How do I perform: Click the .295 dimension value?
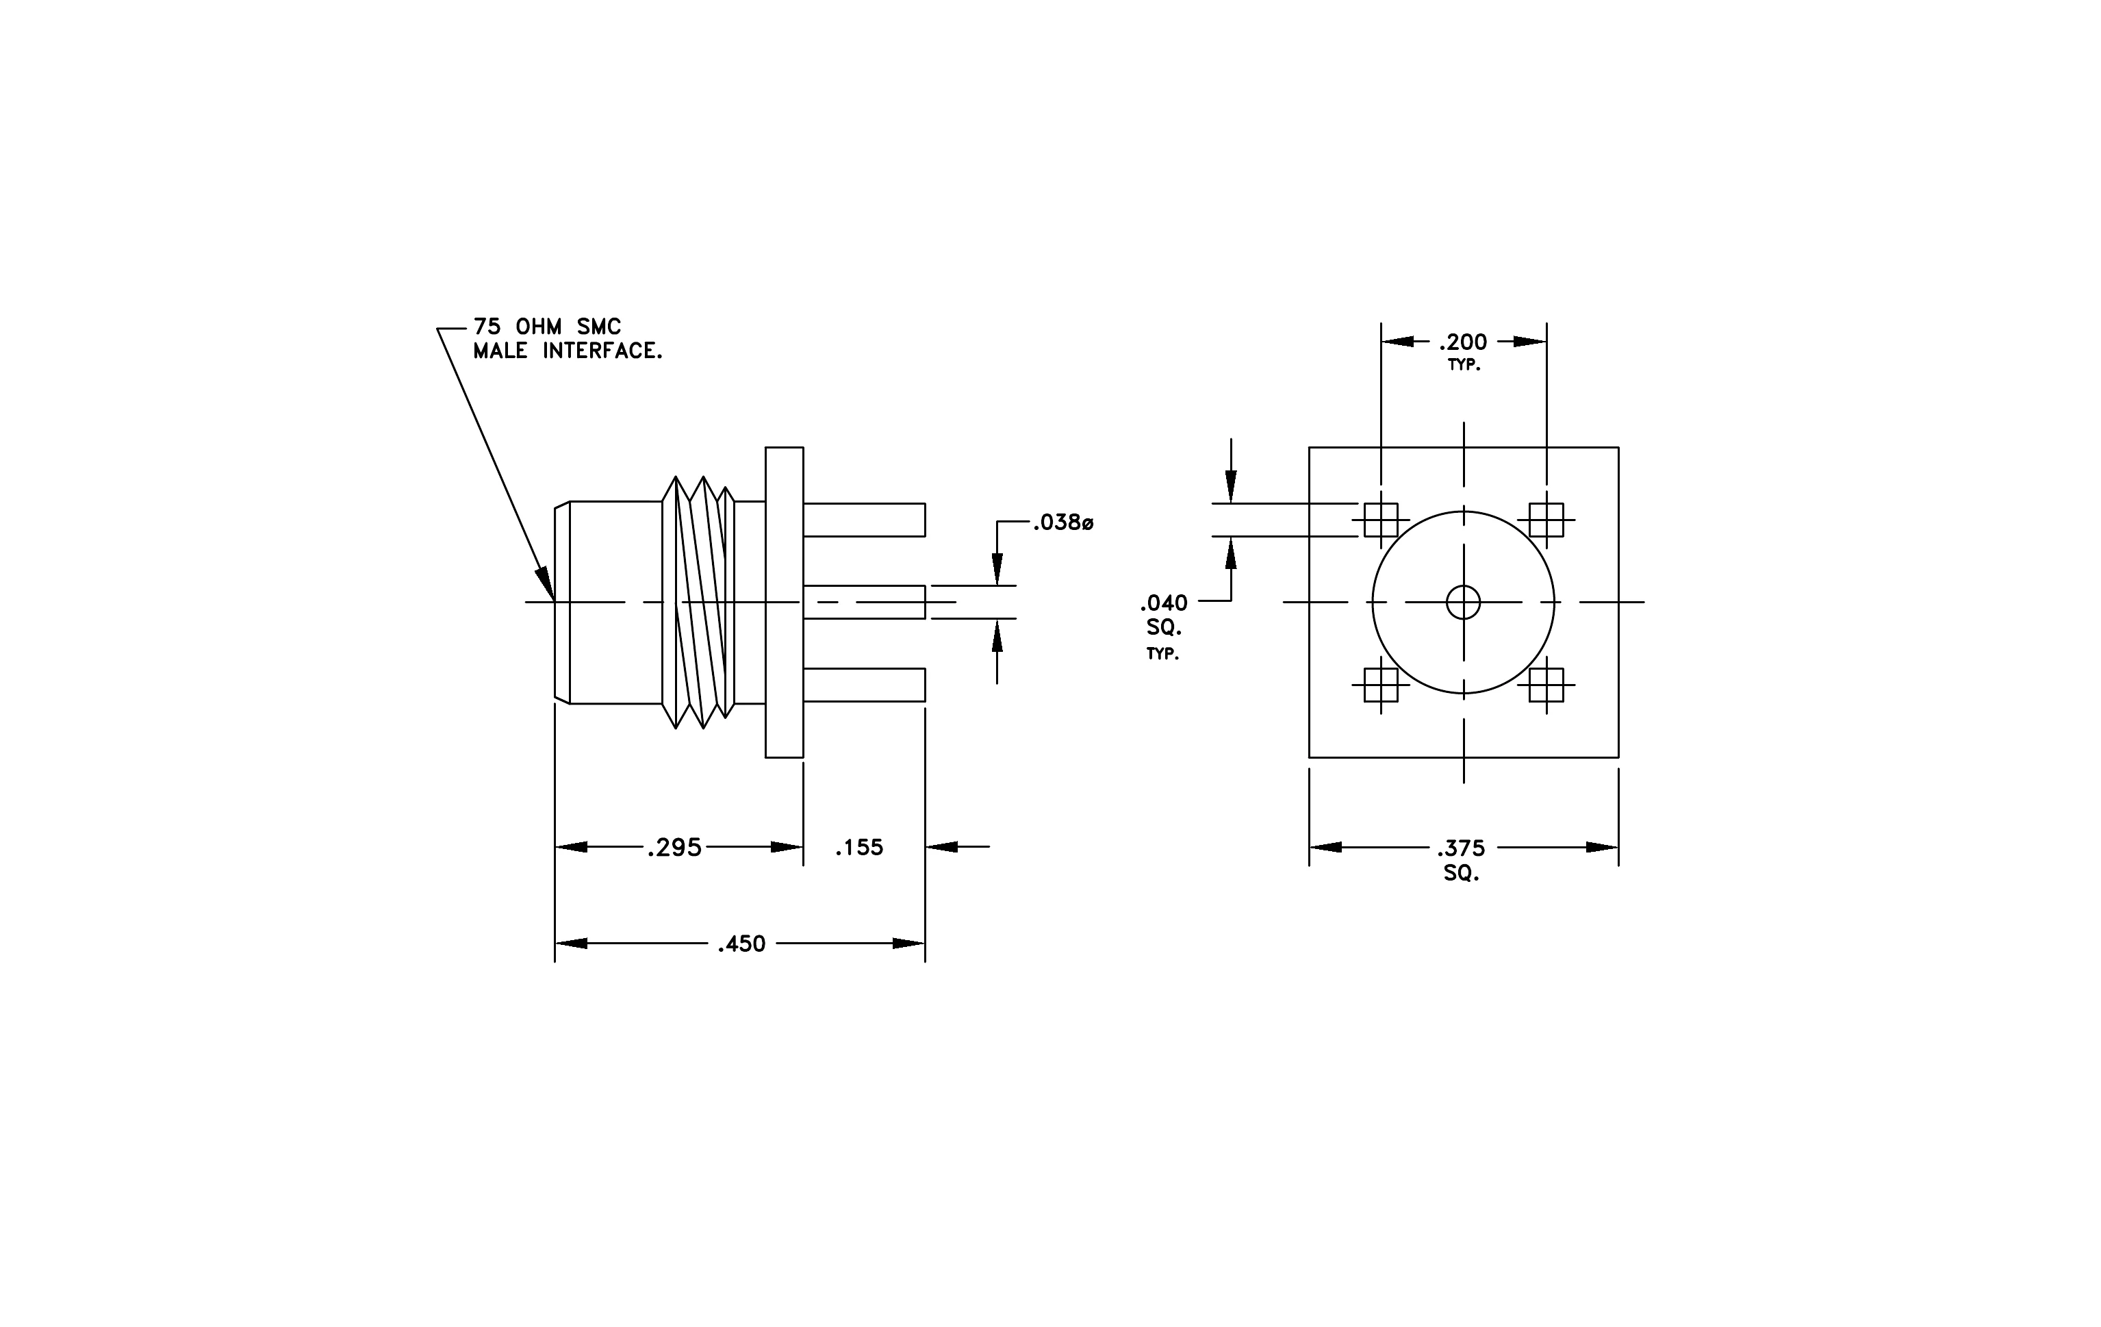(x=674, y=848)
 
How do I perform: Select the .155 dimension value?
(x=859, y=848)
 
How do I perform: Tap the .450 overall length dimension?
(x=741, y=944)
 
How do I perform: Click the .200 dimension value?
(x=1463, y=342)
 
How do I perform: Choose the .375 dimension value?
(x=1462, y=848)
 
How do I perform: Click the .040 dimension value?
(x=1164, y=603)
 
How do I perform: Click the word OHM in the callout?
(x=539, y=327)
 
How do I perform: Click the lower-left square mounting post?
(x=1381, y=685)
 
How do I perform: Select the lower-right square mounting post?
(x=1546, y=685)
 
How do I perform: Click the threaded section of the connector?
(x=699, y=602)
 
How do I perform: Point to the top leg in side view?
(x=864, y=520)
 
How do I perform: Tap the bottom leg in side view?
(x=864, y=685)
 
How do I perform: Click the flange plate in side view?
(x=785, y=602)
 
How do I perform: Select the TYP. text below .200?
(x=1464, y=366)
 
